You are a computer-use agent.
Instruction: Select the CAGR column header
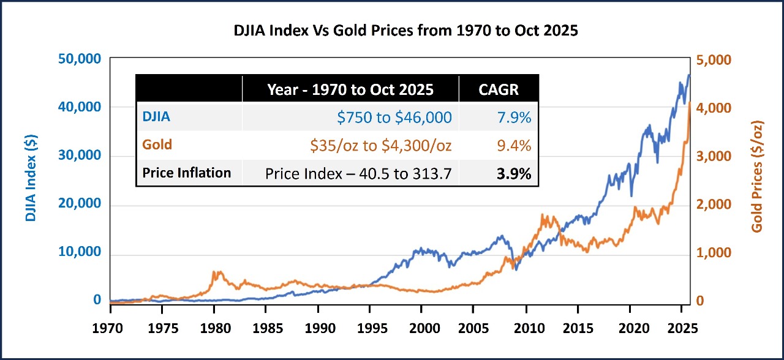coord(498,89)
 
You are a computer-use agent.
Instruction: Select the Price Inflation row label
coord(187,173)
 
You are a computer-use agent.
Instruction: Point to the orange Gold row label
coord(157,145)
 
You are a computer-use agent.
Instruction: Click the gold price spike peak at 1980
coord(215,272)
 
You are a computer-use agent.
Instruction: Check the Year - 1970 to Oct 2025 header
coord(350,89)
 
